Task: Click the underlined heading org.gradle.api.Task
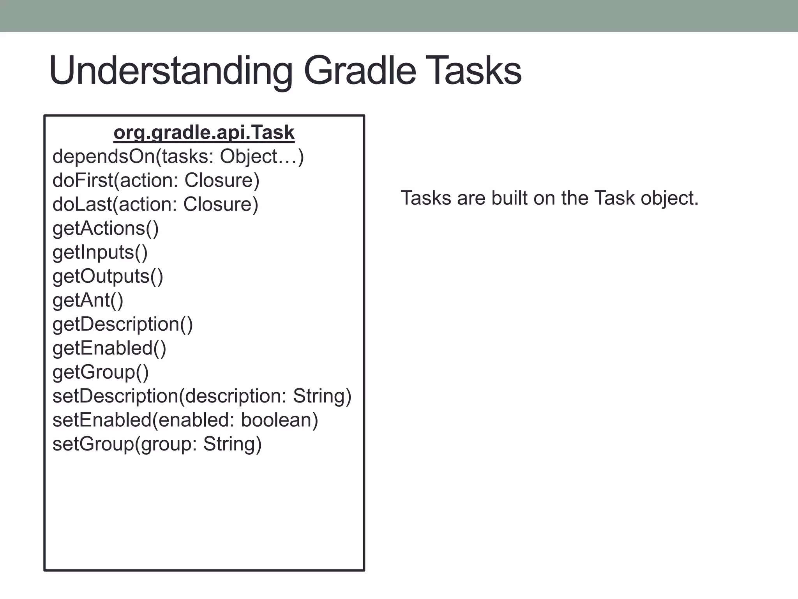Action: pos(204,133)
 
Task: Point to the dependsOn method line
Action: pos(178,157)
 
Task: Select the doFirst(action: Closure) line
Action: pos(156,181)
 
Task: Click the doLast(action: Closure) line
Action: pos(155,204)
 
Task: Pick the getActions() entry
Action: pos(106,229)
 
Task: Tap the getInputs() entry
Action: pos(100,252)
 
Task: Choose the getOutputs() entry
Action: pos(108,276)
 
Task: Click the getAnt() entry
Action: pos(88,300)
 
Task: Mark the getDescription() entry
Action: pos(123,324)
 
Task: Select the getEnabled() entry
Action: pos(109,348)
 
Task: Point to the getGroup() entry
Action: pos(101,372)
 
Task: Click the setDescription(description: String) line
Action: pos(202,396)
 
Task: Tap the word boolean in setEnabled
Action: pos(279,420)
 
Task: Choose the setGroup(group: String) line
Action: pos(157,444)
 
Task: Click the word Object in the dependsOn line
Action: pos(248,157)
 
